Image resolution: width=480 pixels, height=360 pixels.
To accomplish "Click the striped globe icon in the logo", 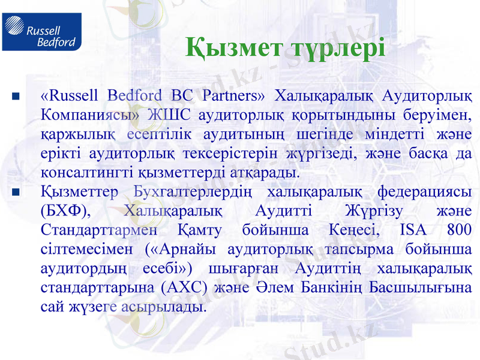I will click(14, 31).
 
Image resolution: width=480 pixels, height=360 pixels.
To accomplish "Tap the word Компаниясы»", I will click(90, 115).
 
